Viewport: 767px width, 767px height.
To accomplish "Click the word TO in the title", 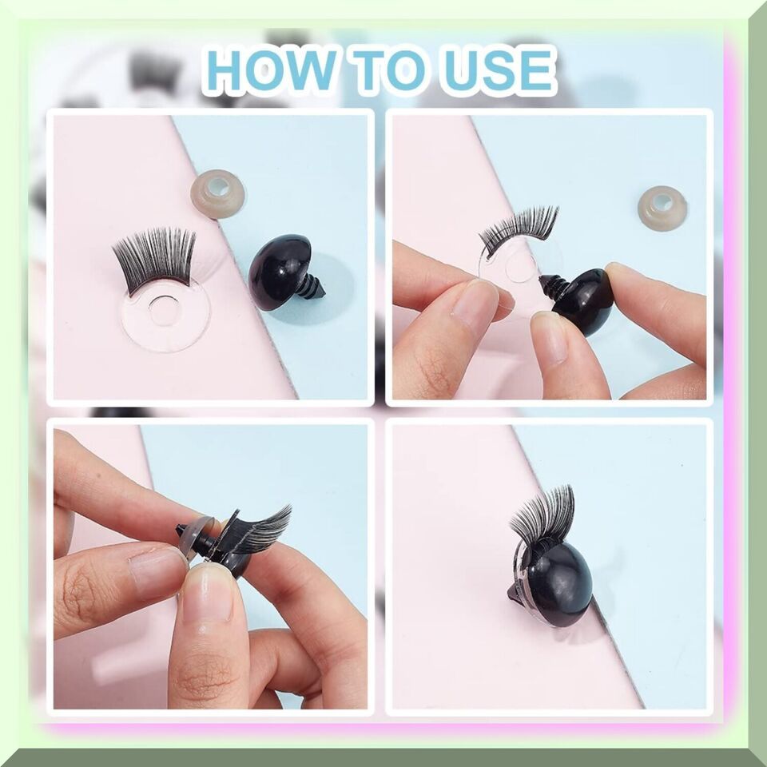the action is pos(391,70).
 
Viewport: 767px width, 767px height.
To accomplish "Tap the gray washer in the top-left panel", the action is pos(218,193).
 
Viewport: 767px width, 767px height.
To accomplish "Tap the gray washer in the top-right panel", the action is pos(662,208).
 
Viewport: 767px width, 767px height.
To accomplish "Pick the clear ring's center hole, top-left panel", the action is pos(163,310).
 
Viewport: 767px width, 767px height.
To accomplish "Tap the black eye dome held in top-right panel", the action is pos(585,302).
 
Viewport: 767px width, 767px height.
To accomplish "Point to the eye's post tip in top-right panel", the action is pos(541,280).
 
